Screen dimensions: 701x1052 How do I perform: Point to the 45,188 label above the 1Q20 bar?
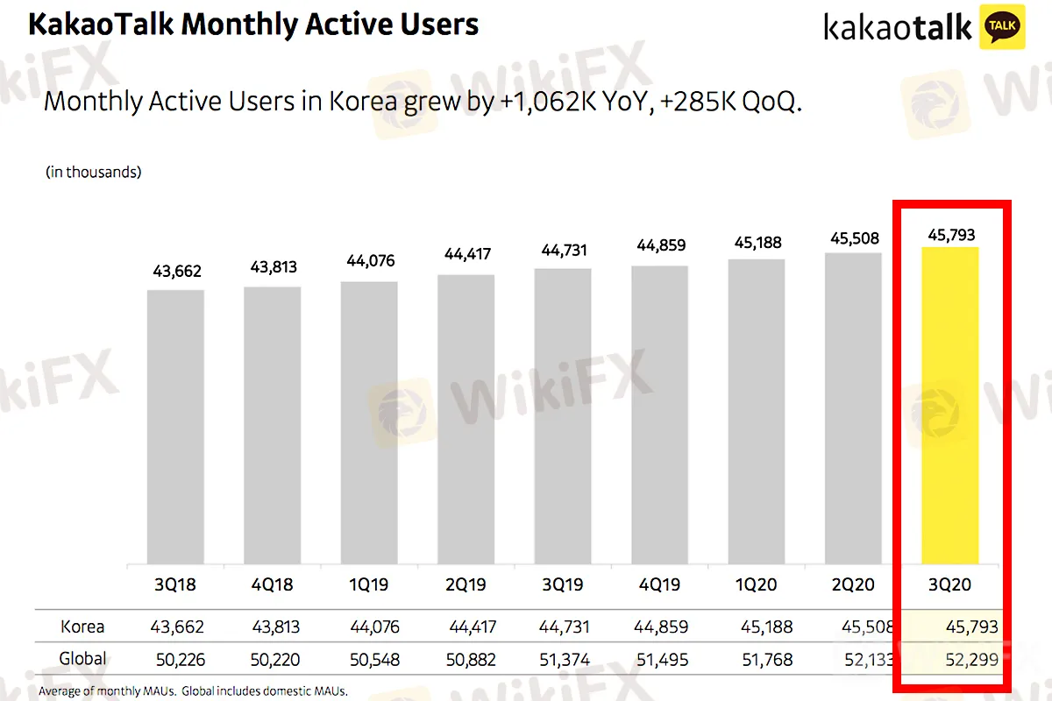pos(756,242)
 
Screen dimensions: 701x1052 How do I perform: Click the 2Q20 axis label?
pos(853,584)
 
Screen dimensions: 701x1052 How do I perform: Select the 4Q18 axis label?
pos(273,584)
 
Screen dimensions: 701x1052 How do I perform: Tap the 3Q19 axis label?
pos(562,584)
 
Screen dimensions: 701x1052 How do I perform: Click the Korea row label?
pos(82,627)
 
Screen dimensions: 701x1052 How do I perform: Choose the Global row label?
pos(82,658)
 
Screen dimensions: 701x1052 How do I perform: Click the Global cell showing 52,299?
pos(972,659)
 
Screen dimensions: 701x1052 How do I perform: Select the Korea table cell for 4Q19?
pos(659,627)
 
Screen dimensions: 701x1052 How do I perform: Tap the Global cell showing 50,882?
pos(468,659)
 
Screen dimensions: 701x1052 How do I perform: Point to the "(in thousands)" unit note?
pos(93,173)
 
